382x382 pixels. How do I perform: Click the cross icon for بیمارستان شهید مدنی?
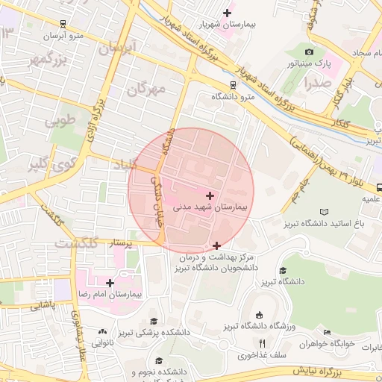[x=209, y=195]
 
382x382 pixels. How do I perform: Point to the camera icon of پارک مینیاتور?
[x=309, y=51]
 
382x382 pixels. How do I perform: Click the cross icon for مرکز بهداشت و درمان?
[x=216, y=245]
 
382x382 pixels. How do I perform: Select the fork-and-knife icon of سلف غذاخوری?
[x=261, y=343]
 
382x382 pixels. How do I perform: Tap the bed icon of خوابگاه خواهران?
[x=327, y=332]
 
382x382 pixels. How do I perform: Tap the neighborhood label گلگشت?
[x=77, y=244]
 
